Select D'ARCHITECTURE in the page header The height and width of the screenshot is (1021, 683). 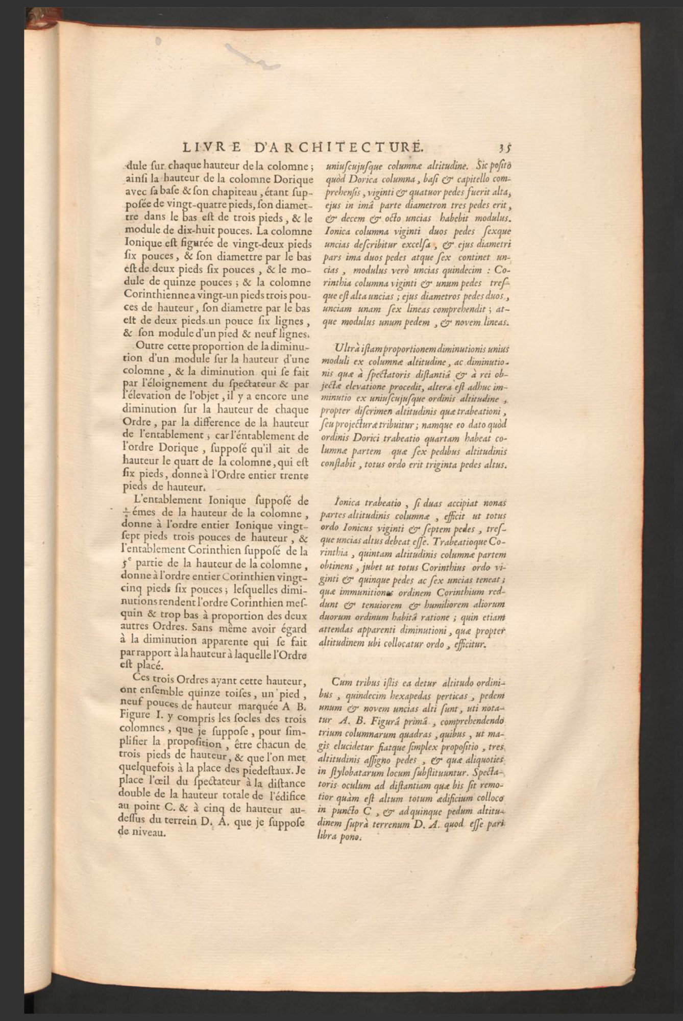tap(338, 148)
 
